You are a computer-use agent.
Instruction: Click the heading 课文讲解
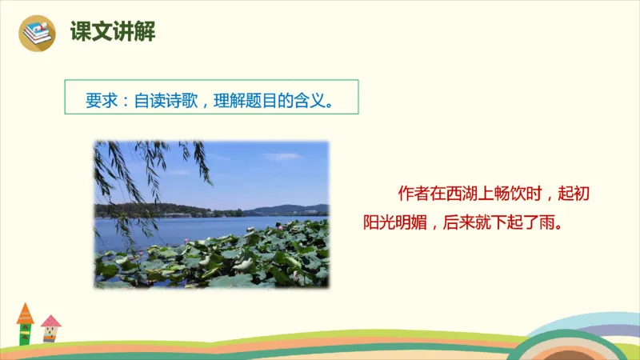click(x=112, y=33)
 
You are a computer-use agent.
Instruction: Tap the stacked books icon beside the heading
click(x=35, y=34)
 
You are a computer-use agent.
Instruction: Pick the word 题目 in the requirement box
click(x=266, y=102)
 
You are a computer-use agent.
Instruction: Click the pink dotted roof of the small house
click(x=50, y=322)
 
